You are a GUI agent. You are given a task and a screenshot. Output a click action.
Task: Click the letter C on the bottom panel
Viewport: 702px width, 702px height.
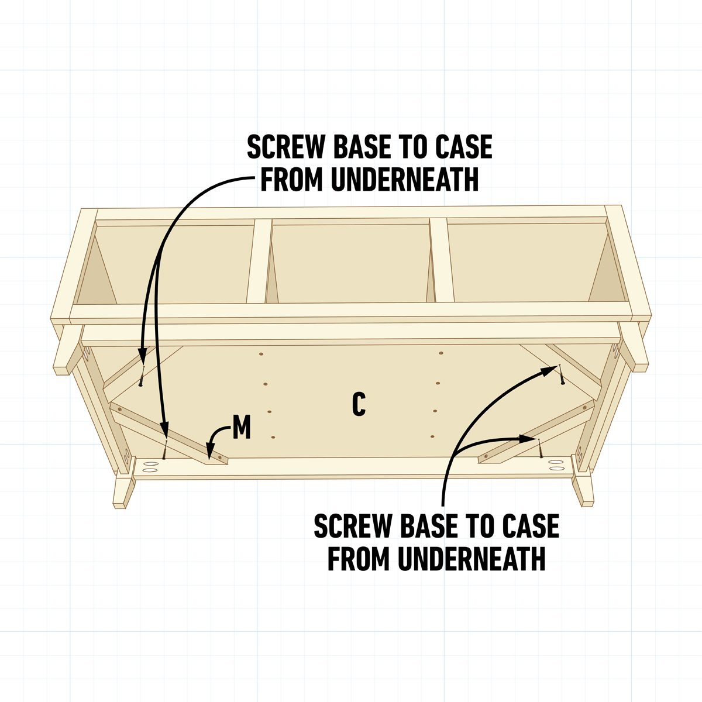[x=359, y=405]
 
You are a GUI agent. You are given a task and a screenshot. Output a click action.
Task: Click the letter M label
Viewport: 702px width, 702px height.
[x=242, y=429]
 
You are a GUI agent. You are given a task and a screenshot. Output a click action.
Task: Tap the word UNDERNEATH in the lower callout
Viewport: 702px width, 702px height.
[x=472, y=559]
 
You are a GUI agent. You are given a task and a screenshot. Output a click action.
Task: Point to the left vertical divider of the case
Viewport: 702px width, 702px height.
[x=259, y=261]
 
